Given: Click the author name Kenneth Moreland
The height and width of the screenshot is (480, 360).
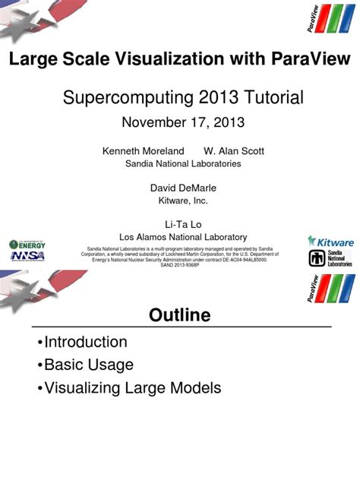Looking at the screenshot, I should (x=144, y=151).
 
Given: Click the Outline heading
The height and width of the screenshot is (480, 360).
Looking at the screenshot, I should (x=179, y=315).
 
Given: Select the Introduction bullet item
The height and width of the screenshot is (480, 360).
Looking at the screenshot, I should (x=85, y=342).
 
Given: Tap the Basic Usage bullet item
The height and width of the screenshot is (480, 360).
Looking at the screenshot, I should (x=88, y=365).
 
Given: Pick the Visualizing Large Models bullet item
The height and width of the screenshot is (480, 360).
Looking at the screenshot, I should (x=132, y=388).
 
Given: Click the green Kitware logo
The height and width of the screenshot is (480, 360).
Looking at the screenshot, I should (x=331, y=241).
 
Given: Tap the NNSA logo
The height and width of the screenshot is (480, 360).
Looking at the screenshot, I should (x=27, y=255).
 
